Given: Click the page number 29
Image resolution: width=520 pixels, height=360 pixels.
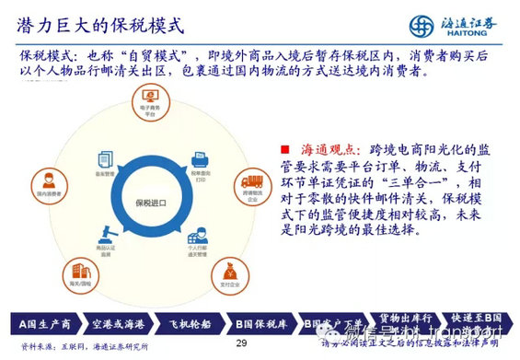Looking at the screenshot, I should tap(242, 344).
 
